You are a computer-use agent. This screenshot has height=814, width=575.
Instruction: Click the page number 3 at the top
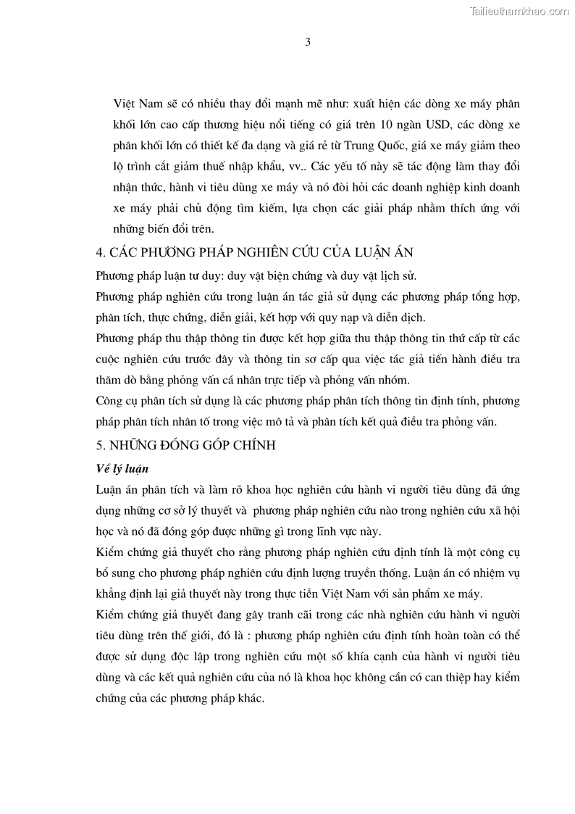click(x=308, y=42)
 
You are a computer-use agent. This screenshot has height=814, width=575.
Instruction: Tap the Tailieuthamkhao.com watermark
click(x=519, y=11)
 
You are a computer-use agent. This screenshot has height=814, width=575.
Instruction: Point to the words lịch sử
click(x=399, y=276)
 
